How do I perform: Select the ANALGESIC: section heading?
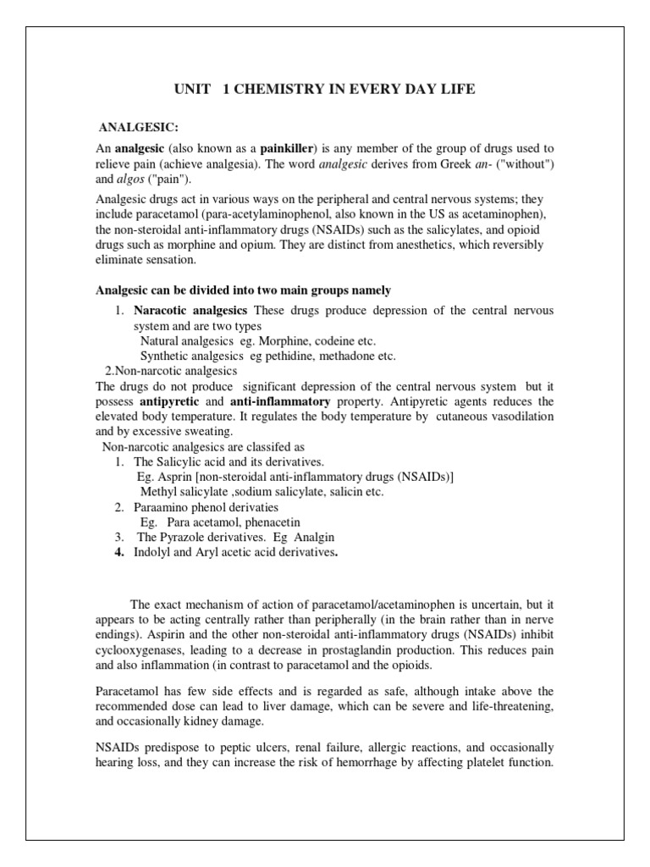coord(140,127)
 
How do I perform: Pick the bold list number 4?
coord(119,553)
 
